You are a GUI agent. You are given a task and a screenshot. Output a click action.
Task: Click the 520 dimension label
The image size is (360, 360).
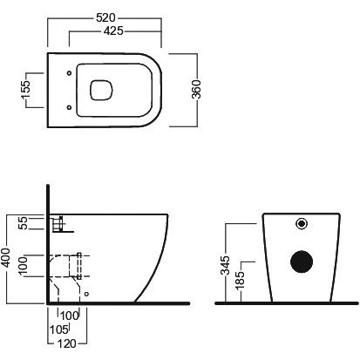[x=105, y=17]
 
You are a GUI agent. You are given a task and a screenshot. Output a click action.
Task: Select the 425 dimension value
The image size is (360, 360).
[x=113, y=31]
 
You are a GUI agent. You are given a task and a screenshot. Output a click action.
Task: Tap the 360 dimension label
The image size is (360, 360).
[x=196, y=89]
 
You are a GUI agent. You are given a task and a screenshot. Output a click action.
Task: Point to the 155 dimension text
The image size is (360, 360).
[x=25, y=90]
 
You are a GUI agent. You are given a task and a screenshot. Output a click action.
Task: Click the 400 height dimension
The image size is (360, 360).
[x=5, y=257]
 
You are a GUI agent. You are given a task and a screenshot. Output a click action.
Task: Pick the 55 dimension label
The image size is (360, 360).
[x=23, y=223]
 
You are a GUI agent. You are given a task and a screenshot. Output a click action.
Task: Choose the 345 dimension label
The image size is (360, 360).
[x=225, y=265]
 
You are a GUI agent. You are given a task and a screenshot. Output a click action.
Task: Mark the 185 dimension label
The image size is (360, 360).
[x=240, y=281]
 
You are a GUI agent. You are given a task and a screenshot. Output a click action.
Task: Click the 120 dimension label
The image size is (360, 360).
[x=67, y=343]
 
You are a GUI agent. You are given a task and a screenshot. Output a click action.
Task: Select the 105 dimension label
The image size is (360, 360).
[x=58, y=329]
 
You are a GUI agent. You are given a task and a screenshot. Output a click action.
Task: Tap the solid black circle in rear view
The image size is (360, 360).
[x=302, y=262]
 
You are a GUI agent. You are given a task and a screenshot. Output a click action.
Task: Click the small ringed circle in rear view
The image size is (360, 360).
[x=302, y=223]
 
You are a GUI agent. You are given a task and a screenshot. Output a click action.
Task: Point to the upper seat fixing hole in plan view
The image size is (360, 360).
[x=69, y=73]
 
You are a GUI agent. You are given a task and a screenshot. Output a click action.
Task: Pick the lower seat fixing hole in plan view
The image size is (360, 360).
[x=69, y=107]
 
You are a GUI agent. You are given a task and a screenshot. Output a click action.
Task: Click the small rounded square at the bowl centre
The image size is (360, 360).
[x=101, y=90]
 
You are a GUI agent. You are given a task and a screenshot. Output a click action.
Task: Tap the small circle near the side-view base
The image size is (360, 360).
[x=86, y=294]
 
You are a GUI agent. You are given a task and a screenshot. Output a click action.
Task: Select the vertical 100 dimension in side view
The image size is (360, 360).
[x=23, y=265]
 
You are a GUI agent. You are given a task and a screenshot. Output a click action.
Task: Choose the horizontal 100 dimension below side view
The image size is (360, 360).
[x=70, y=316]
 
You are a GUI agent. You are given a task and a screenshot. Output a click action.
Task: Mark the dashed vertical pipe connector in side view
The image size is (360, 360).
[x=78, y=266]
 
